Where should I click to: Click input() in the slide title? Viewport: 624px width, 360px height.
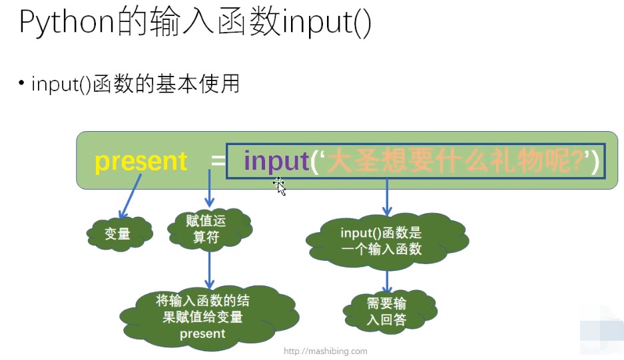(326, 25)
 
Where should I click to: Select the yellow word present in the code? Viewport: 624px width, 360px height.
(141, 162)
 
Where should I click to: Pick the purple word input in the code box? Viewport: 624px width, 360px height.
(276, 162)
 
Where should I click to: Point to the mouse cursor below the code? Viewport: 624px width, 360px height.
(280, 186)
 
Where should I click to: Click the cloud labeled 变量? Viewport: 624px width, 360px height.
(118, 234)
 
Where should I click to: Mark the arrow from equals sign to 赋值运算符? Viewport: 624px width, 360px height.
(210, 189)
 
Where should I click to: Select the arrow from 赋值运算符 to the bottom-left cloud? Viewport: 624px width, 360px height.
(210, 270)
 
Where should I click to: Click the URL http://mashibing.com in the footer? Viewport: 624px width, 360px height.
(325, 351)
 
